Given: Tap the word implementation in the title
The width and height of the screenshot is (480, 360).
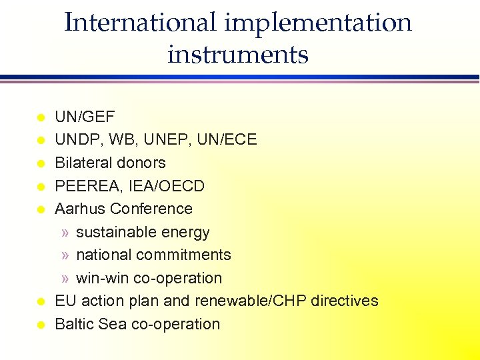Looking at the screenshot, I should click(319, 23).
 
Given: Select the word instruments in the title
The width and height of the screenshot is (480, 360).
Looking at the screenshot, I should click(238, 54).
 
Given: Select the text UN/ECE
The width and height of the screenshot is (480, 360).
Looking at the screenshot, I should click(231, 140).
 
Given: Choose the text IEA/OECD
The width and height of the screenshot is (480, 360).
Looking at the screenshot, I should click(167, 186).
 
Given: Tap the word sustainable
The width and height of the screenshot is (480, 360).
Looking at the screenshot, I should click(114, 232).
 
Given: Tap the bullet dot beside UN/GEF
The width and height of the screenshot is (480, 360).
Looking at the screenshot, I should click(40, 118).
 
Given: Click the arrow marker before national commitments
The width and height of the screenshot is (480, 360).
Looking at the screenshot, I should click(65, 255).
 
